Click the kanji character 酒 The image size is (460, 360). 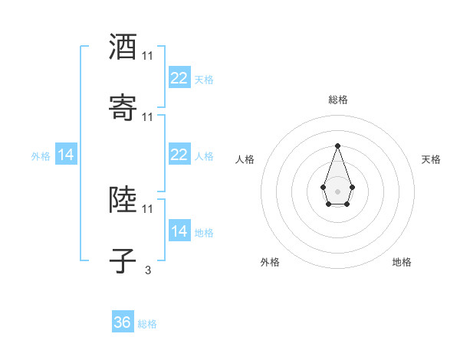(x=123, y=47)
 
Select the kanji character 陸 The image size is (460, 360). (x=123, y=200)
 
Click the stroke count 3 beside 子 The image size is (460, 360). (x=147, y=270)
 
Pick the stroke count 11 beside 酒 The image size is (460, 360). (x=147, y=56)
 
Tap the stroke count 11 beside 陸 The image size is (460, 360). (x=147, y=208)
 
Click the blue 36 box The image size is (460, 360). (x=122, y=322)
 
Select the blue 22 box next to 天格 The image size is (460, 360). (x=179, y=78)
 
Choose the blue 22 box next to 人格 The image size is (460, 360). (x=179, y=155)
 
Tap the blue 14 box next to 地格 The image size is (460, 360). (x=179, y=231)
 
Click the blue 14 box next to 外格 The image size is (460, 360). (x=66, y=155)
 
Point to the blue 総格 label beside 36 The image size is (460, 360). (x=147, y=324)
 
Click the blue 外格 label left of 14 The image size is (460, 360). (x=41, y=156)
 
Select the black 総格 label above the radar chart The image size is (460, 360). (x=337, y=100)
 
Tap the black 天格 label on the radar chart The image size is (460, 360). (x=432, y=159)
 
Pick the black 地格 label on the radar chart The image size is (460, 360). (x=402, y=262)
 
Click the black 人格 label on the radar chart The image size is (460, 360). (x=245, y=159)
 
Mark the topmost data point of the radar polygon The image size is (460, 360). (x=337, y=146)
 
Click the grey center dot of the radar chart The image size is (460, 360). (x=337, y=191)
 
